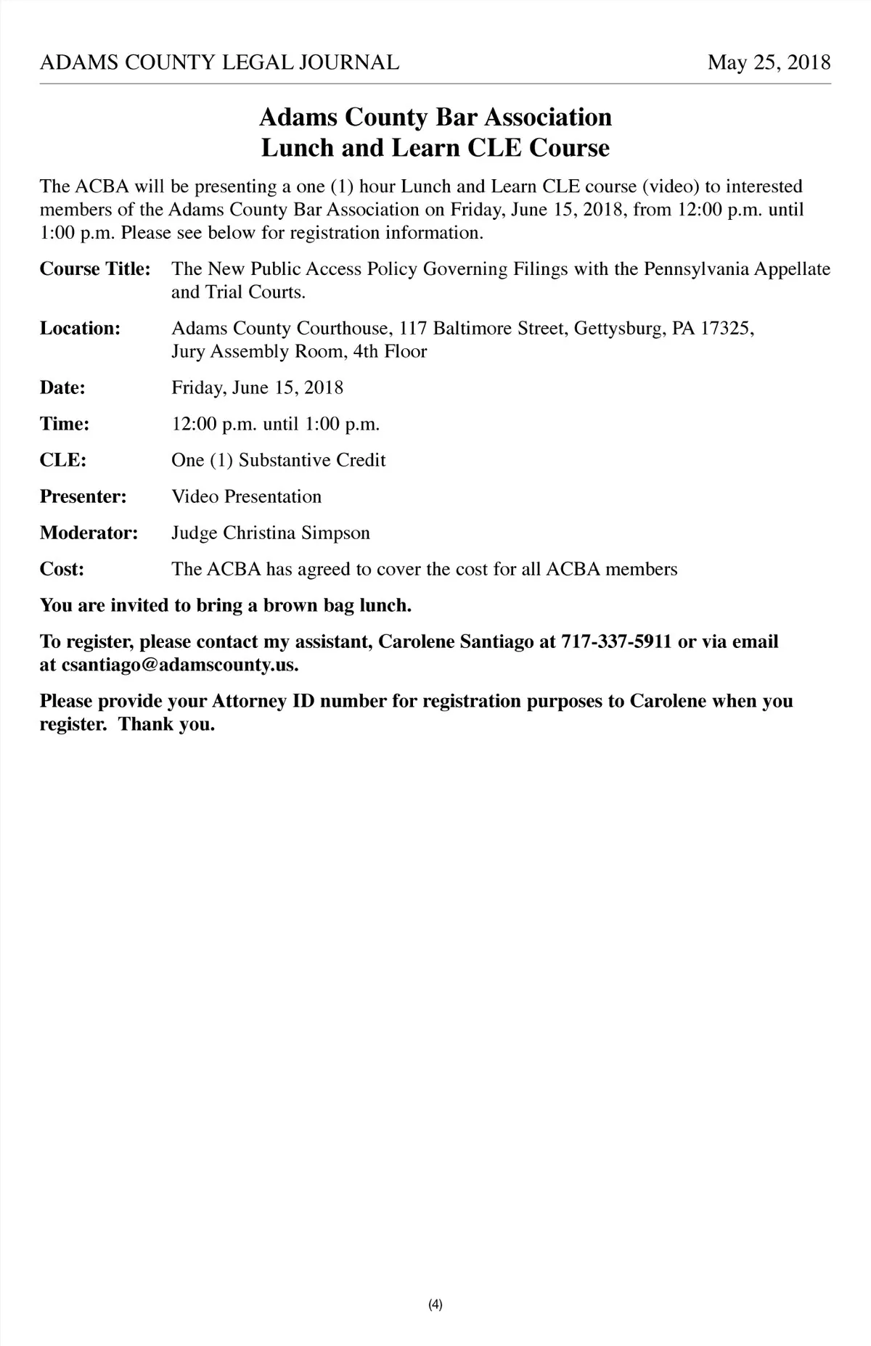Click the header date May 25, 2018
[x=769, y=62]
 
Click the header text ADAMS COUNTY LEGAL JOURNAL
[x=219, y=62]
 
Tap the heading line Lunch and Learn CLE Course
[x=435, y=148]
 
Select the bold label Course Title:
[x=95, y=269]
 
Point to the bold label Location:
[x=80, y=329]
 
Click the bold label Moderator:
[x=89, y=533]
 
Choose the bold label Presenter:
[x=83, y=497]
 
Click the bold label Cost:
[x=62, y=570]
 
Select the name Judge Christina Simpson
[x=271, y=533]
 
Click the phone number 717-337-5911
[x=616, y=642]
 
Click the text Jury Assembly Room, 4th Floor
[x=299, y=352]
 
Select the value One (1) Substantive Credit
[x=278, y=461]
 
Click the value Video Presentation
[x=246, y=497]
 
